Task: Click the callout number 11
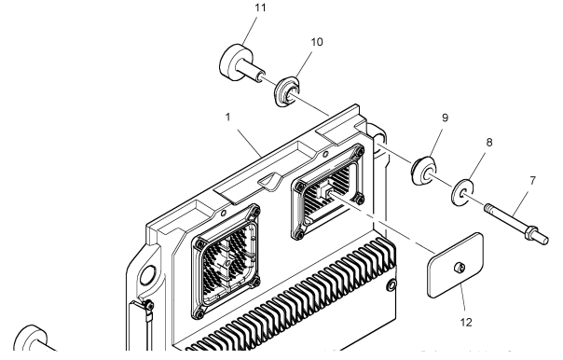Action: click(260, 7)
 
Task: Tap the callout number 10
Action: click(317, 42)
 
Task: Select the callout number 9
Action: click(445, 118)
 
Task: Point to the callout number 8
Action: click(489, 143)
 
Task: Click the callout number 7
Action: click(532, 181)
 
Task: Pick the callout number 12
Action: click(466, 323)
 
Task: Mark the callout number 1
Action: click(227, 118)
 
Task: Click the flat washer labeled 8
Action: click(462, 193)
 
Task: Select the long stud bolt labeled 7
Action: click(516, 224)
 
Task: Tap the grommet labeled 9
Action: click(424, 171)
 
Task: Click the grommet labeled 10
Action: click(287, 90)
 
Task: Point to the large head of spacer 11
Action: click(232, 62)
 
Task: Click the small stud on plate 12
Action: click(460, 267)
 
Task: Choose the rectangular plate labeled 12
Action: click(455, 266)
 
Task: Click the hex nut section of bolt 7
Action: click(530, 231)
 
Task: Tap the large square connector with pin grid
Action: click(226, 261)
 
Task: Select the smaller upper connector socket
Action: click(328, 191)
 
